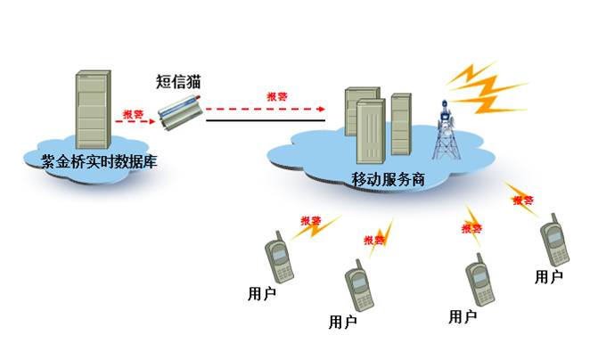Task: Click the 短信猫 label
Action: coord(178,82)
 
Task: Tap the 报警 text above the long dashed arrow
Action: coord(278,96)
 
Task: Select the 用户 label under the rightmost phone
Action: coord(548,277)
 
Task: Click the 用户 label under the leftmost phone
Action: coord(262,291)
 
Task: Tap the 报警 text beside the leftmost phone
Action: coord(311,221)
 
